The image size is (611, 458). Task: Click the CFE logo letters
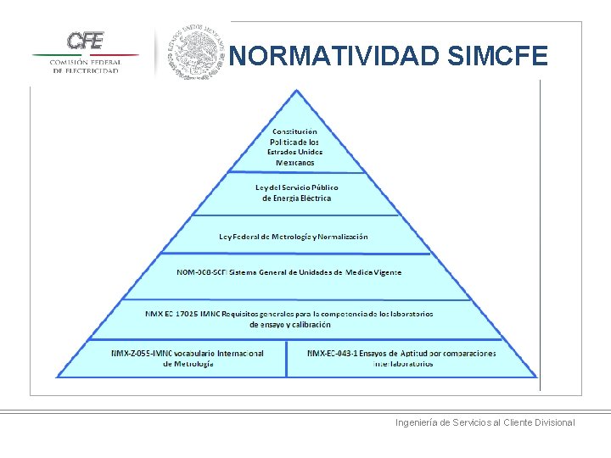[x=85, y=40]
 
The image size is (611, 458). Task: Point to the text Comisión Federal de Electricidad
[x=85, y=66]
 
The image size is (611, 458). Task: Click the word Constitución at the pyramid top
[x=295, y=131]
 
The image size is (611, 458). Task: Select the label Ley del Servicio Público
[x=297, y=187]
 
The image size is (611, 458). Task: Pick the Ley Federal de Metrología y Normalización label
[x=294, y=237]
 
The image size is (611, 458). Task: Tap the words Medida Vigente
[x=373, y=272]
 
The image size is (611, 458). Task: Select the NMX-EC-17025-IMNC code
[x=182, y=313]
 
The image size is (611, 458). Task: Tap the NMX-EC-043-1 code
[x=332, y=353]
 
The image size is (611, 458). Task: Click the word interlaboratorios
[x=403, y=363]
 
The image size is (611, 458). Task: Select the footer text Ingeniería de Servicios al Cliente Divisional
[x=485, y=422]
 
